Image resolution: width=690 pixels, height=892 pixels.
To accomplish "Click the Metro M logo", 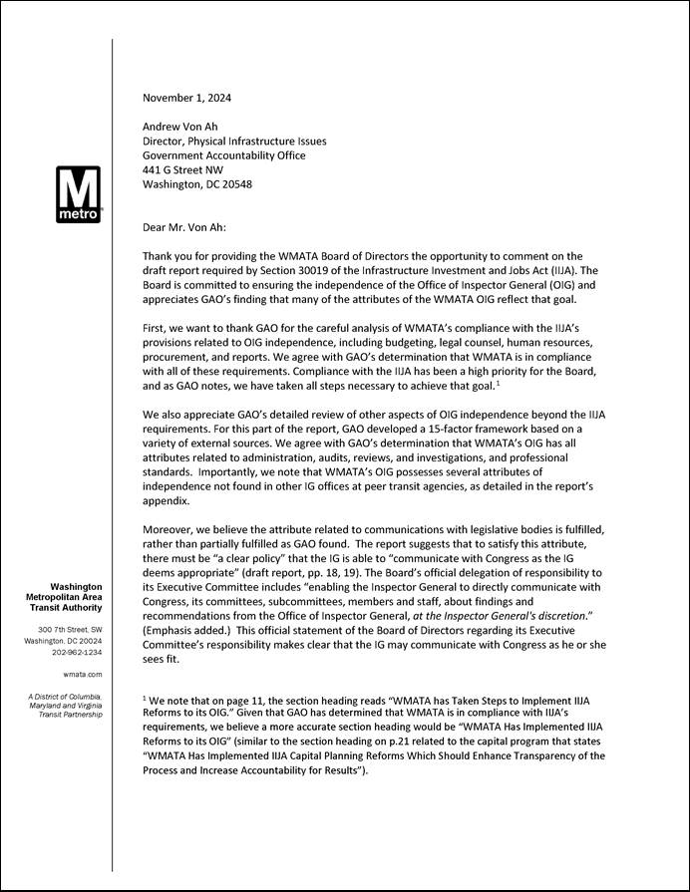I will pyautogui.click(x=78, y=194).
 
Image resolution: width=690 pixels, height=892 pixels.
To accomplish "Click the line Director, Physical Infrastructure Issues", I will pyautogui.click(x=234, y=142).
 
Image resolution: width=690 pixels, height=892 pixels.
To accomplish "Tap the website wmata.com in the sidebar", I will pyautogui.click(x=83, y=675).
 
